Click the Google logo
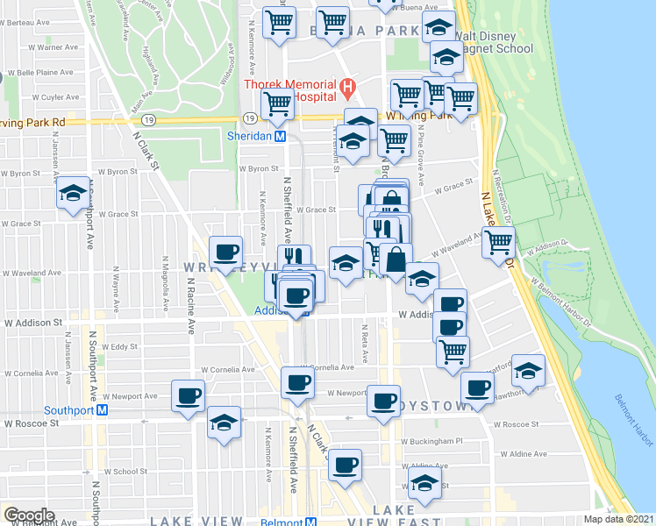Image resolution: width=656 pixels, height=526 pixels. [x=29, y=515]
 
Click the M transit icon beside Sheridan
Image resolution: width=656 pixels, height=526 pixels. [x=280, y=137]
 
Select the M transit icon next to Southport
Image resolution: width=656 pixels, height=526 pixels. [x=103, y=409]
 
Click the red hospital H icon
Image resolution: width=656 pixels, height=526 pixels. [x=347, y=87]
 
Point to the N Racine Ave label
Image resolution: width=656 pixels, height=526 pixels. [x=191, y=306]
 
